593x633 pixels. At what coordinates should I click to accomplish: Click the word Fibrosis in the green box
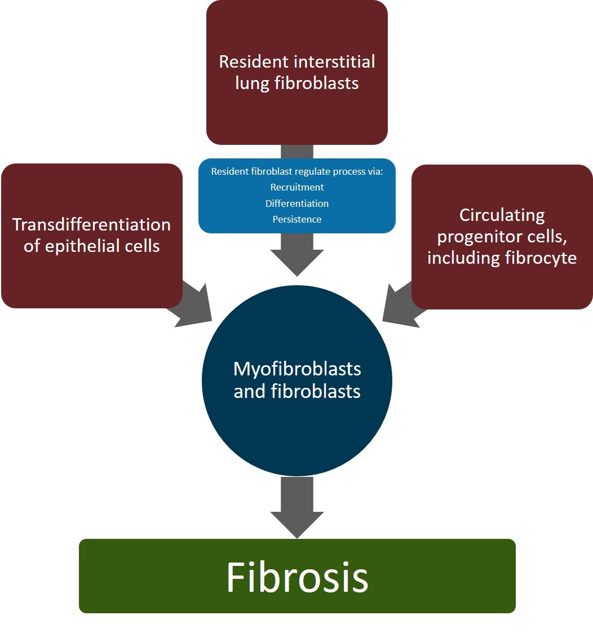click(x=297, y=577)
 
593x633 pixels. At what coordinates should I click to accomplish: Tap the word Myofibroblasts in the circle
click(x=297, y=370)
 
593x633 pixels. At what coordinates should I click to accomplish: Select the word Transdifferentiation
click(x=91, y=224)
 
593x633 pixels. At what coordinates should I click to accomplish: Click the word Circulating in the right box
click(x=502, y=215)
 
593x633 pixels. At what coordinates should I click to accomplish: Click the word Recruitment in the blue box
click(x=297, y=187)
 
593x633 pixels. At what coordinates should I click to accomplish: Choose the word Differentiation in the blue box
click(x=297, y=203)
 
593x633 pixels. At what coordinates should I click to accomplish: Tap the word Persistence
click(x=297, y=219)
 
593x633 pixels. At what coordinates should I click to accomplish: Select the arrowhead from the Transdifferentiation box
click(x=194, y=307)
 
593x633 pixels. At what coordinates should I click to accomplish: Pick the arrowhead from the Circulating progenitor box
click(x=400, y=307)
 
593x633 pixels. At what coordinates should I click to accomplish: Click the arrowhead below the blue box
click(x=297, y=260)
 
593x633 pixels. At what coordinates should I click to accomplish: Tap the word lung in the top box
click(x=252, y=83)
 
